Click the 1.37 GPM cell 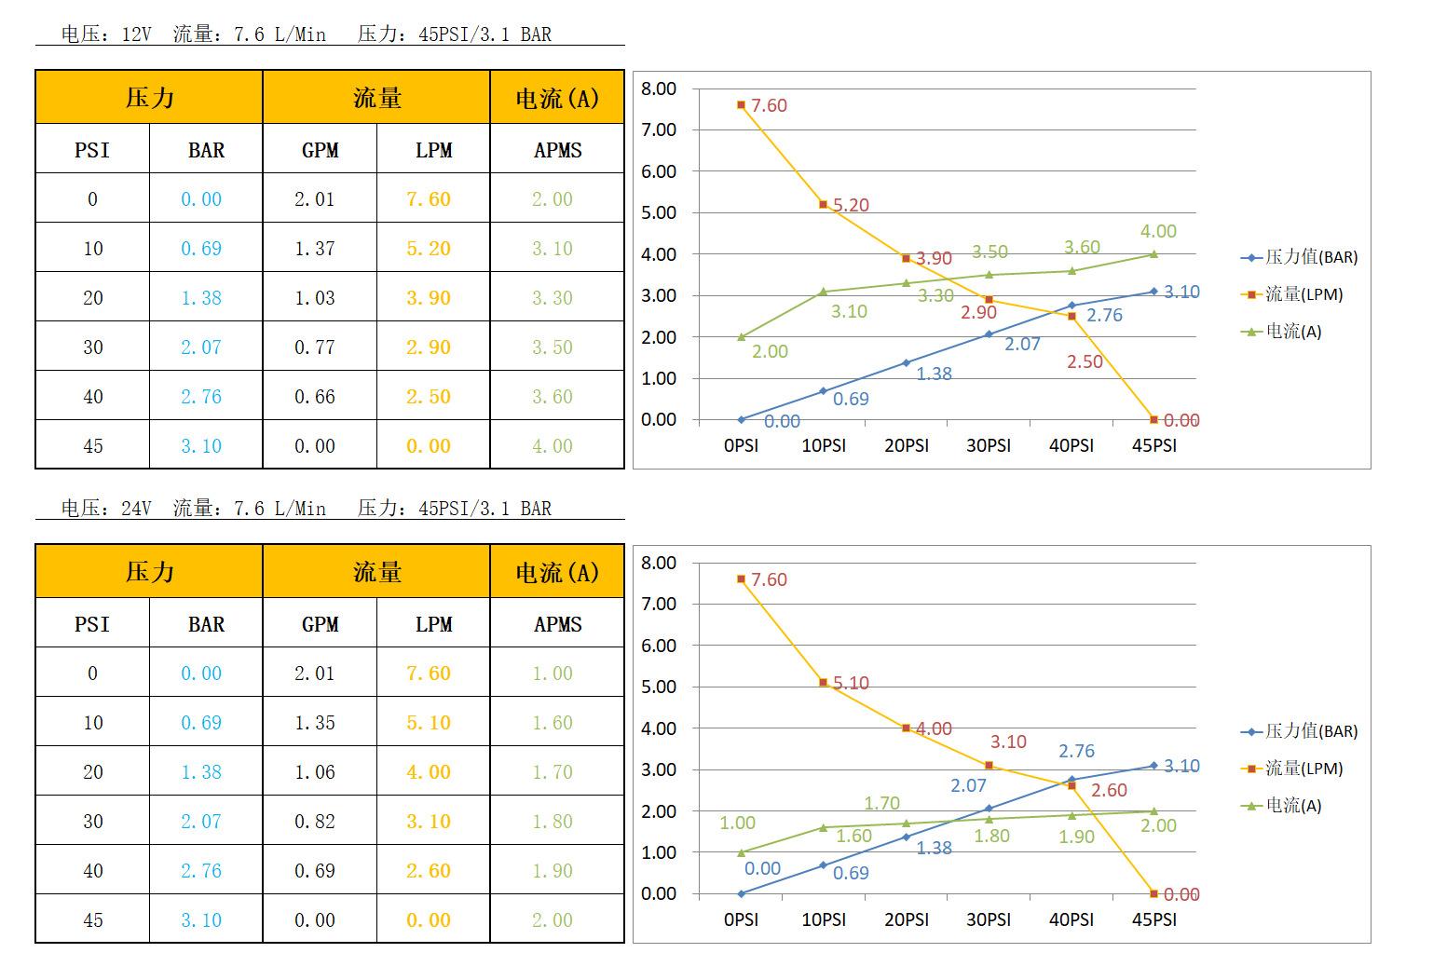[314, 249]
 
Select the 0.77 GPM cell [314, 347]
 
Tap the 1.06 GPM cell [314, 772]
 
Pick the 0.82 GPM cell [314, 822]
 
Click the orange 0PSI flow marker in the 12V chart [741, 105]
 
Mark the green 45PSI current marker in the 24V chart [1153, 811]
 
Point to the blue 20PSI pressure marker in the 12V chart [906, 362]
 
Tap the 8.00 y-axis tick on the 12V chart [659, 88]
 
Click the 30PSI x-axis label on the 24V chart [989, 919]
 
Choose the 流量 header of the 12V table [376, 98]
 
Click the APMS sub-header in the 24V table [557, 624]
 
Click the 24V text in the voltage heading [136, 509]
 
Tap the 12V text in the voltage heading [136, 34]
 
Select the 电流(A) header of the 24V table [557, 572]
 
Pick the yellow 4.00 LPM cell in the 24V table [429, 772]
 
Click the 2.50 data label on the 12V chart [1085, 361]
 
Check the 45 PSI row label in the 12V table [93, 446]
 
